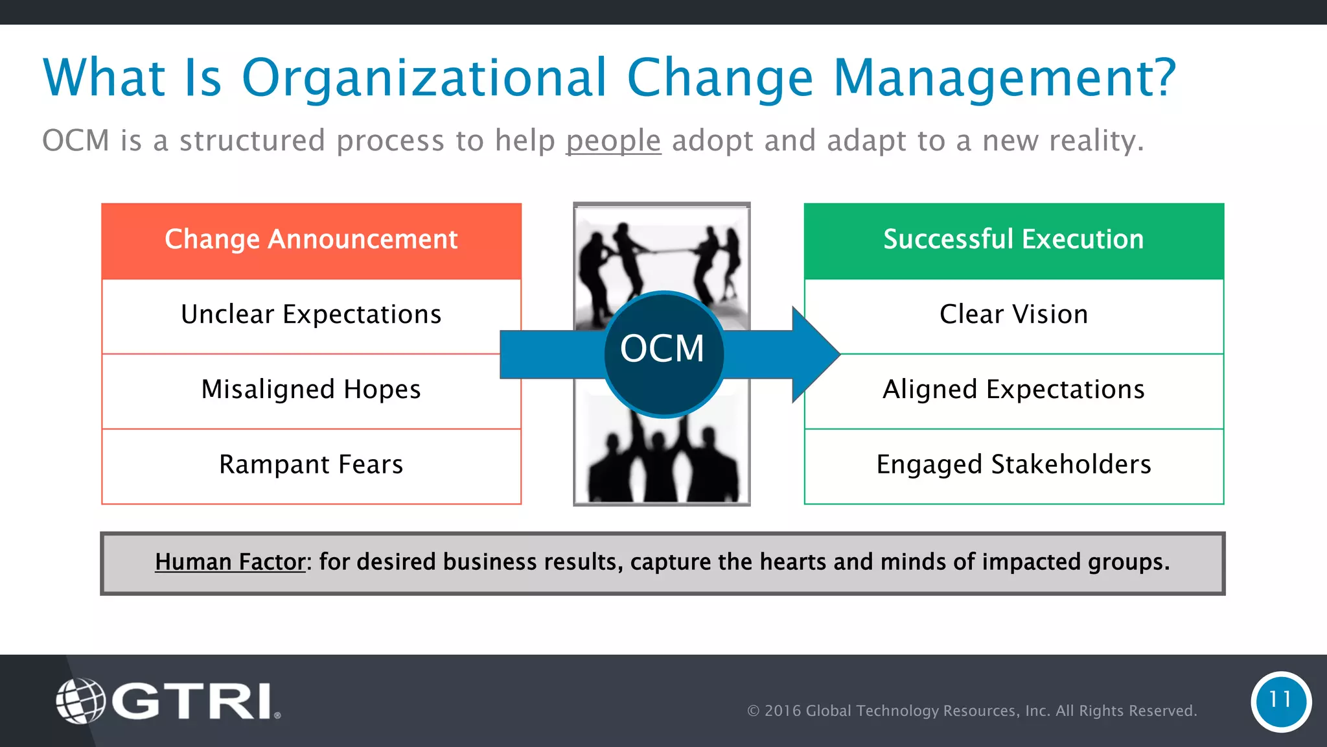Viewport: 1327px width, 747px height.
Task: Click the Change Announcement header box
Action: point(311,240)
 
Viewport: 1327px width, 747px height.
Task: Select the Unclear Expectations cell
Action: point(311,315)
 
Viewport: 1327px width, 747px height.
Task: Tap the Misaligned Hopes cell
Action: point(311,390)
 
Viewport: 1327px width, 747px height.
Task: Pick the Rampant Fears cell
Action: point(311,465)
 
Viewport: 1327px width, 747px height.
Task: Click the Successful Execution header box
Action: point(1013,240)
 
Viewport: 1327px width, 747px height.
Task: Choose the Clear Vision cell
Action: point(1013,315)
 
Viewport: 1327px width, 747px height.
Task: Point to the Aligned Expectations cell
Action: point(1013,390)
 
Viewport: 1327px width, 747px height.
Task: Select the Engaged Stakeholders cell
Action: point(1013,465)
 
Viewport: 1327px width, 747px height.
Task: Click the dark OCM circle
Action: point(663,353)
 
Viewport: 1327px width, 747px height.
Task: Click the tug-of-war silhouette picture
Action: point(661,259)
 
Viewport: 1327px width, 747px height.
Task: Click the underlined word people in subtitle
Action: point(613,141)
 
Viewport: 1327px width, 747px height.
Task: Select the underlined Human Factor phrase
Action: point(229,562)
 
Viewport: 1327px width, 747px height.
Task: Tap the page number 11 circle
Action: point(1280,701)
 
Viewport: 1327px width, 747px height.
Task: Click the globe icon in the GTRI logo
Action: point(80,701)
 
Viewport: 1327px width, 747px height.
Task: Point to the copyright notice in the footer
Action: point(971,711)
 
